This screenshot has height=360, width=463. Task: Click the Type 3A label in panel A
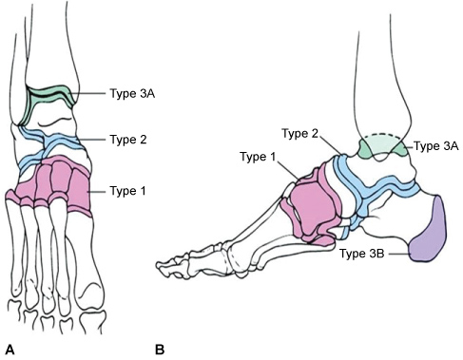tap(132, 94)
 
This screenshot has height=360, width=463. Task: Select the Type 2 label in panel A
tap(128, 140)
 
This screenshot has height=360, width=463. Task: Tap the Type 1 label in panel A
tap(127, 191)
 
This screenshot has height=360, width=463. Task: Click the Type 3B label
tap(362, 254)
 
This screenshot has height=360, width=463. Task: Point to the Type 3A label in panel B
tap(436, 146)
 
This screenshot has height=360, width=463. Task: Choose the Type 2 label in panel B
tap(299, 133)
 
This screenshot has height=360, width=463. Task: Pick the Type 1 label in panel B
tap(258, 157)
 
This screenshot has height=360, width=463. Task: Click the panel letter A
tap(10, 350)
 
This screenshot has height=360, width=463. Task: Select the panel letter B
tap(160, 350)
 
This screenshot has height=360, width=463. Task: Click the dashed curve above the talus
tap(383, 136)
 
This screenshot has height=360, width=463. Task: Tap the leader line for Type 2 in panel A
tap(92, 140)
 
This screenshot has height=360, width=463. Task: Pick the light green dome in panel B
tap(383, 145)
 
